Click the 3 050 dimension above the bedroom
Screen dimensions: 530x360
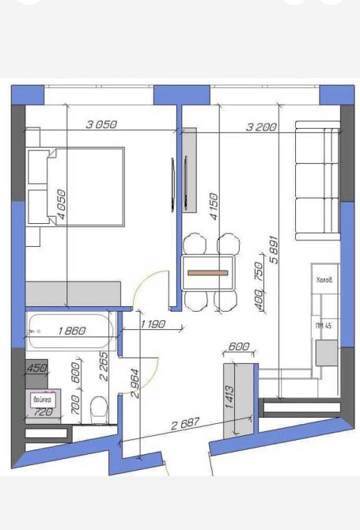pyautogui.click(x=101, y=123)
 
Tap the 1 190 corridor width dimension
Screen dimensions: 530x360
pyautogui.click(x=152, y=324)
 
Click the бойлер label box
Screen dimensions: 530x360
pyautogui.click(x=42, y=400)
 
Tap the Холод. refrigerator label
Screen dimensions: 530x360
pyautogui.click(x=324, y=279)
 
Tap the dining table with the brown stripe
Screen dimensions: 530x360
pyautogui.click(x=209, y=272)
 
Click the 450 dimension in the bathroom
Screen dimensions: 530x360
pyautogui.click(x=37, y=367)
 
